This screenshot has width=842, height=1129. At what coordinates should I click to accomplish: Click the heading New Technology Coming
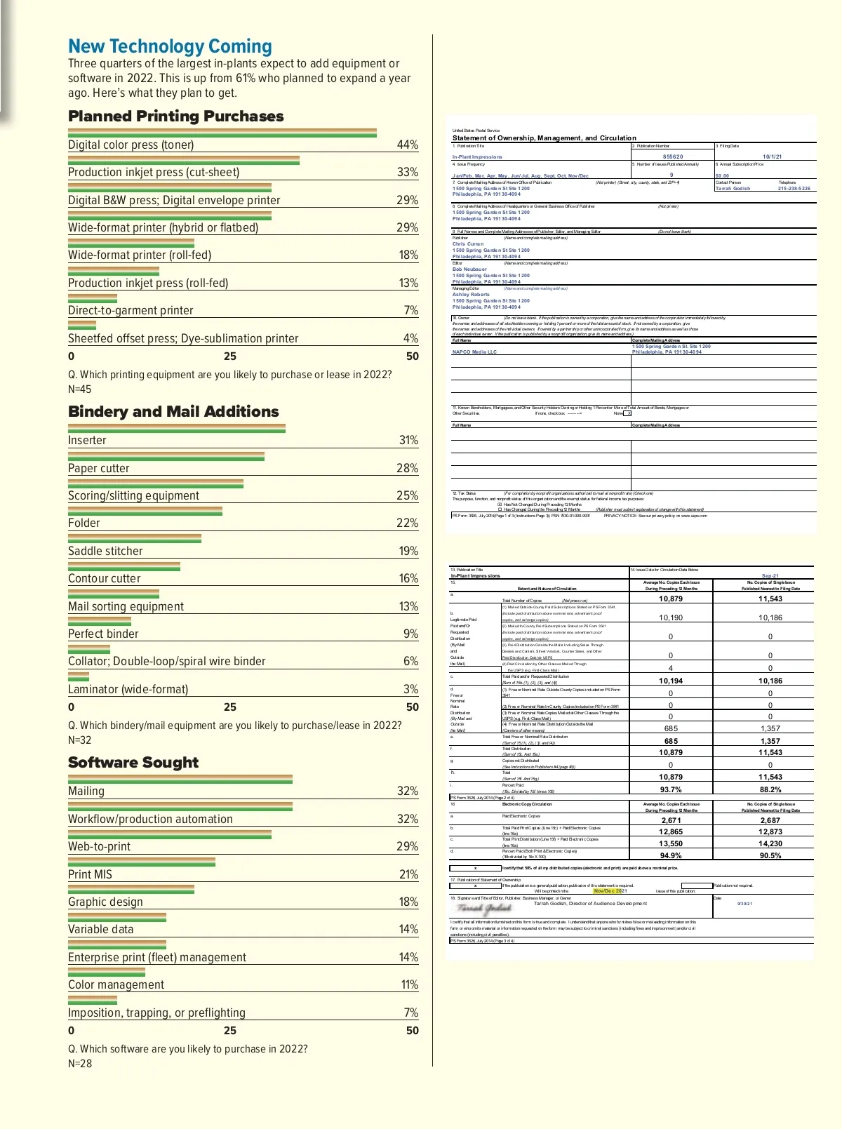170,46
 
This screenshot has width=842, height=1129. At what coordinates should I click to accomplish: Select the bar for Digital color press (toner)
222,132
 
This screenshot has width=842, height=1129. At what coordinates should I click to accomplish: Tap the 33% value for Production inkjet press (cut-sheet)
407,172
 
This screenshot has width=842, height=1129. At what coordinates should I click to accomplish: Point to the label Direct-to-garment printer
131,310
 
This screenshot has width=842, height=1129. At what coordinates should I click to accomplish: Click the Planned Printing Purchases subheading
175,116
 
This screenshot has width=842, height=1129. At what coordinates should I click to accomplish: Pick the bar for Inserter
176,427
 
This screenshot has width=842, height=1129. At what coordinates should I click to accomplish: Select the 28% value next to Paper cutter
407,468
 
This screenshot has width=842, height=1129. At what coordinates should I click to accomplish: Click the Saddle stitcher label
105,551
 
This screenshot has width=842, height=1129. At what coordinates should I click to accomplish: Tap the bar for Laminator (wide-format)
79,676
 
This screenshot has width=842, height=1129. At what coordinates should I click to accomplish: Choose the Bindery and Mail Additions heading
173,412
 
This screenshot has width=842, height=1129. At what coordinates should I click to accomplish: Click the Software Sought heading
133,763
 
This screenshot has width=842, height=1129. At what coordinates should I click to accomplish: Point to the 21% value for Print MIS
408,874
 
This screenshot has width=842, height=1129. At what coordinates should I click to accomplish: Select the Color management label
116,984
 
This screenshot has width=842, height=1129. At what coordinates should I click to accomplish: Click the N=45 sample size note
79,389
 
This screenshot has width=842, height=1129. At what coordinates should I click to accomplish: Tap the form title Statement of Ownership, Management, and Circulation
544,138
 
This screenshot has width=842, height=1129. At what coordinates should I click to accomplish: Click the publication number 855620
672,157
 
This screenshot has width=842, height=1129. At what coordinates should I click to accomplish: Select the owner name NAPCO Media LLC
474,352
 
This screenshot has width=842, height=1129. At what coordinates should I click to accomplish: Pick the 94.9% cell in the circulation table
671,855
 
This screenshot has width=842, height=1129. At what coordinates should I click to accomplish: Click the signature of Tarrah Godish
485,908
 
